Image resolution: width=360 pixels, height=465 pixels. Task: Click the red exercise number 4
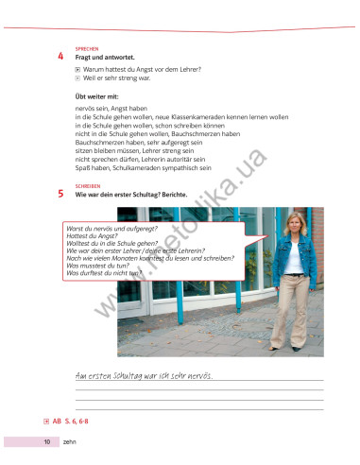60,57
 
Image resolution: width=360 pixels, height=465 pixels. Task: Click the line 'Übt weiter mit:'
97,95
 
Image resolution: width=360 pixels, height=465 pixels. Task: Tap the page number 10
45,441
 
